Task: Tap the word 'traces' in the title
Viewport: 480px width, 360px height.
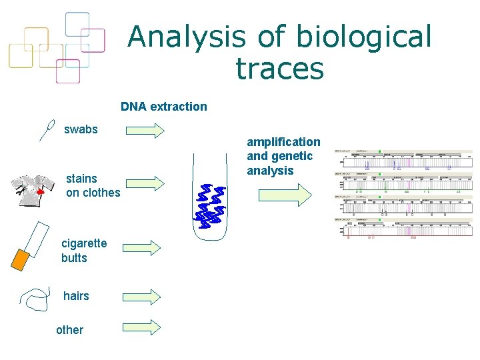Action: coord(279,69)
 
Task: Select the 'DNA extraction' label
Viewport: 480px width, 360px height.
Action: coord(163,107)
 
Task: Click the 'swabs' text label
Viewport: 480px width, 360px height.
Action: coord(81,129)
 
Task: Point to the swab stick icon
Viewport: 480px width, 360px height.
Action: coord(47,129)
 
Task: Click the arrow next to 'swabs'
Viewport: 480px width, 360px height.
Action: coord(145,130)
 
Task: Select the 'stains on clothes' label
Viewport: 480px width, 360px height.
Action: coord(93,185)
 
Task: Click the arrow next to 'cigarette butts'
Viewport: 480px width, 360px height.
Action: coord(143,247)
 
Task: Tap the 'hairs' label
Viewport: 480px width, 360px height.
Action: coord(76,296)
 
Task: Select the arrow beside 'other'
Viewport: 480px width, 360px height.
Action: coord(141,327)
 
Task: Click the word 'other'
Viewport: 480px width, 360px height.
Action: coord(70,330)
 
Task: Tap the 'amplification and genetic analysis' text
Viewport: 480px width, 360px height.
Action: coord(283,156)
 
